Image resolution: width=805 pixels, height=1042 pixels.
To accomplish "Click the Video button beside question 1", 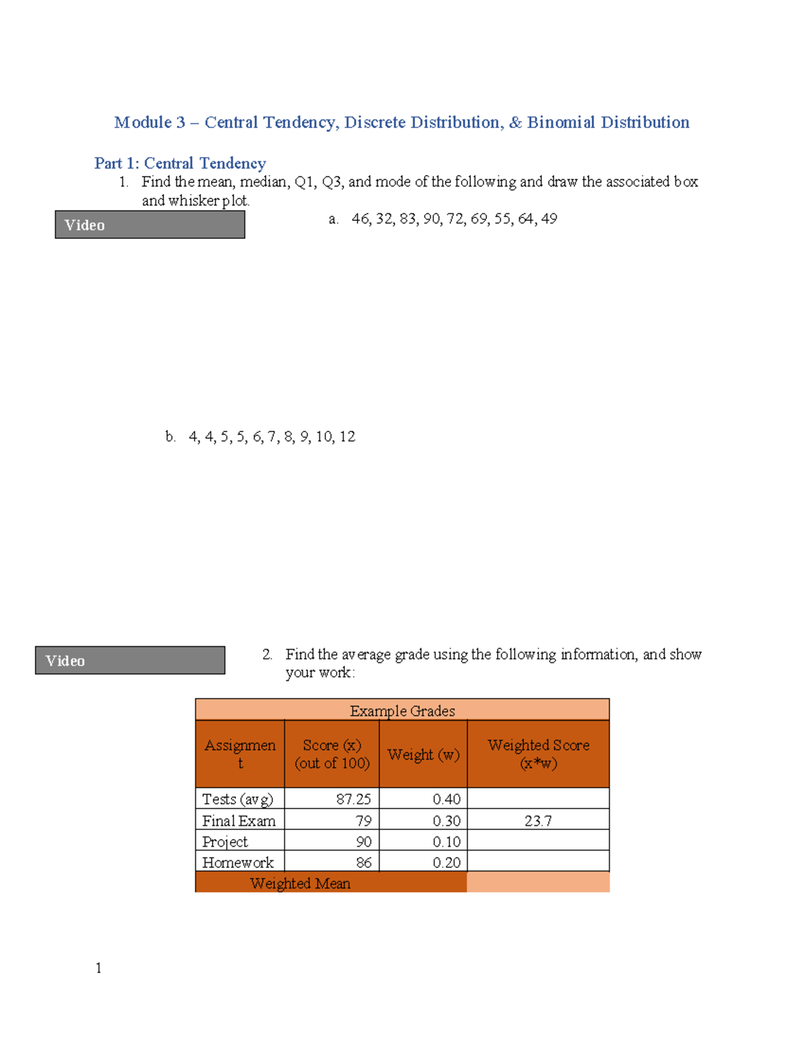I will (150, 225).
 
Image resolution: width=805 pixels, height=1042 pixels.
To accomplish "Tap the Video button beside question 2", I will (130, 660).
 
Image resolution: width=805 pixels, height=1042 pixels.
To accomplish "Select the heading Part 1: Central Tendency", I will (180, 163).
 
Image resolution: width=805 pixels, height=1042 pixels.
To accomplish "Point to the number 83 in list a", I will (407, 219).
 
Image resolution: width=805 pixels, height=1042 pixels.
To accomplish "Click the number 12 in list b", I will (347, 437).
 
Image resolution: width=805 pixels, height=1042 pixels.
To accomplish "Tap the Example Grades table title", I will (402, 711).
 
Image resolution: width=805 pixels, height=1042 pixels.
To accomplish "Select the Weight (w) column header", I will (423, 754).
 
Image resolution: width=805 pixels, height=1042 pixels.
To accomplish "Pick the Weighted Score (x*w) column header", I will (539, 754).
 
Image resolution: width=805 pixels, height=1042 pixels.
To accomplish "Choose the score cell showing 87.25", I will (354, 799).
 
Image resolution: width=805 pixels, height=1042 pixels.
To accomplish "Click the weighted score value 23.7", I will (538, 821).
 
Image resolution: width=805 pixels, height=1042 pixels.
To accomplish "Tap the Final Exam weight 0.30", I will (447, 821).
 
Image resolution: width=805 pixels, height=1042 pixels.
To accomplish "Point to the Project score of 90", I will (364, 841).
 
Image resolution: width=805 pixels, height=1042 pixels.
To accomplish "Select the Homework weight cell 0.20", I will (447, 862).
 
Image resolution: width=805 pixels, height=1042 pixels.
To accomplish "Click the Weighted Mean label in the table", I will (300, 883).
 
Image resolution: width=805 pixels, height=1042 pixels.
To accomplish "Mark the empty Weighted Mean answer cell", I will (538, 882).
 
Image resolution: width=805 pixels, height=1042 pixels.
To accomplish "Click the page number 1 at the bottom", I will (99, 968).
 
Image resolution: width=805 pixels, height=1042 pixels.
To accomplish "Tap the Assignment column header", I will (240, 754).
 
